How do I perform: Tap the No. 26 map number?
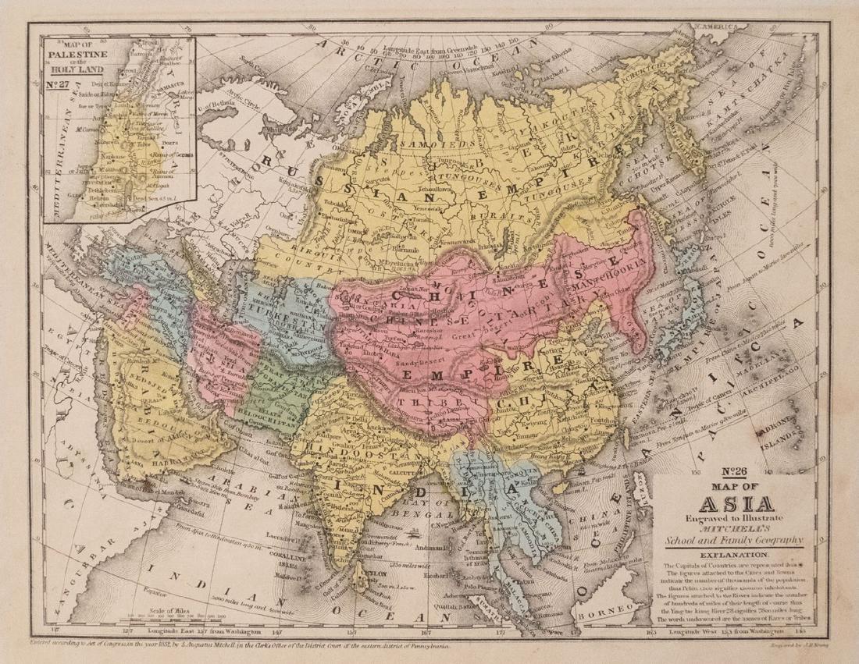point(730,471)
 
